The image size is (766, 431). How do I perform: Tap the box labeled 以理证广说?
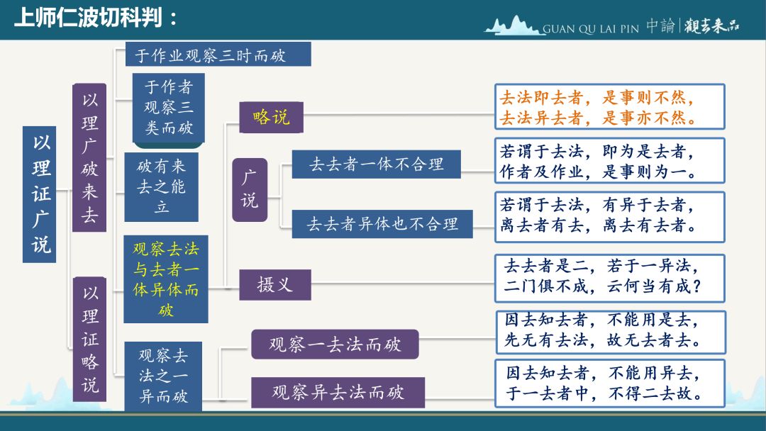coord(40,194)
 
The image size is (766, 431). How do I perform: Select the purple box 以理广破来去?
coord(89,157)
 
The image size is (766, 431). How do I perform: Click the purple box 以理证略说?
coord(90,339)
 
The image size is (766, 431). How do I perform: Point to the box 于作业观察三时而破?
coord(218,54)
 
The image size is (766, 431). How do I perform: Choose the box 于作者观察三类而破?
coord(169,108)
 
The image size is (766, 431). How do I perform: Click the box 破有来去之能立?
coord(161,187)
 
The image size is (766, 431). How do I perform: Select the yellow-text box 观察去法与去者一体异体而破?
coord(165,279)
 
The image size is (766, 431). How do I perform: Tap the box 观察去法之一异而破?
coord(163,376)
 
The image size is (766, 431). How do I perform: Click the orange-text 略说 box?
coord(271,117)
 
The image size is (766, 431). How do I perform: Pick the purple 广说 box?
coord(250,190)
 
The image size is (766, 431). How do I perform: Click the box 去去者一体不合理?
coord(376,164)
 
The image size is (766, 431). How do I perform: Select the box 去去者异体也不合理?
coord(382,224)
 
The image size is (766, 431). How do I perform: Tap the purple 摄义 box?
coord(275,284)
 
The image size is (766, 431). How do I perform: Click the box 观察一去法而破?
coord(335,344)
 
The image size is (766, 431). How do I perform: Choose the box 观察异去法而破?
coord(338,393)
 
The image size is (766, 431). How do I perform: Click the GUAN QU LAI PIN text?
coord(591,29)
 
